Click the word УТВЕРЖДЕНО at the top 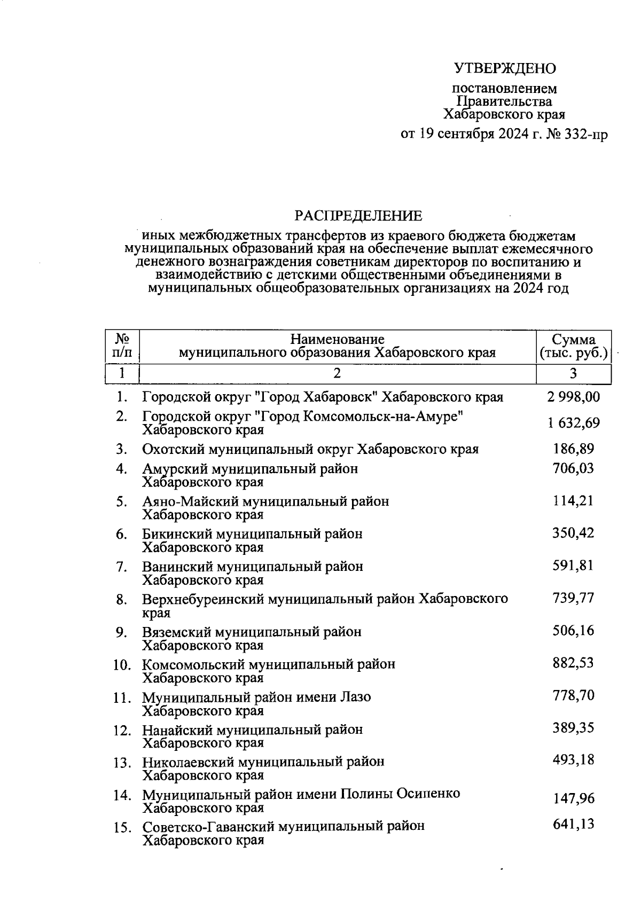(505, 68)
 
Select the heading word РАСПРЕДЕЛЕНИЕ (358, 216)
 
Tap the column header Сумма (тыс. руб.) (573, 347)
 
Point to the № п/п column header (122, 346)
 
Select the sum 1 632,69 (573, 423)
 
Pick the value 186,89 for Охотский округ (573, 449)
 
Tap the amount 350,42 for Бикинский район (573, 533)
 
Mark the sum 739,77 (573, 598)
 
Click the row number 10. (122, 665)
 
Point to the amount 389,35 (573, 728)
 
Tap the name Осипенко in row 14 (428, 794)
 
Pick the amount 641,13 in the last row (573, 824)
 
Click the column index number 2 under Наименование (337, 373)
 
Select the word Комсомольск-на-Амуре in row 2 (382, 416)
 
